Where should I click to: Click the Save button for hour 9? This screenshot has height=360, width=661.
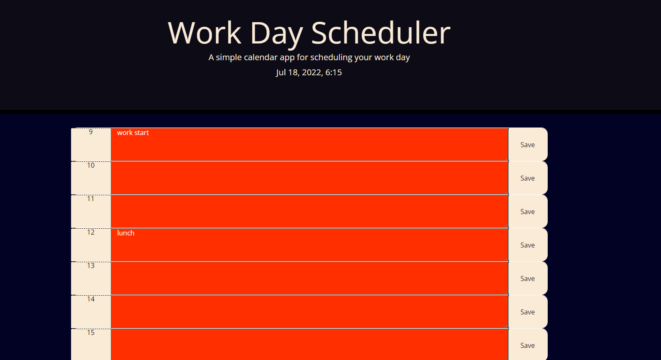pos(528,145)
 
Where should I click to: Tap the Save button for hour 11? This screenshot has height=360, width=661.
pos(528,212)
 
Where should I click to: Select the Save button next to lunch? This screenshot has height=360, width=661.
pos(528,245)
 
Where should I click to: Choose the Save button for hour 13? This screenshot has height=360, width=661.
pos(528,278)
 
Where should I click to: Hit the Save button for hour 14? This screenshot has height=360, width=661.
pos(528,312)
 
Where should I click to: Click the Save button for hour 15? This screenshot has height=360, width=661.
pos(528,345)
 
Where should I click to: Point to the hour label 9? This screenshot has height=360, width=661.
pos(91,132)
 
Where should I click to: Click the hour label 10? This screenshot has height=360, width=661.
pos(91,166)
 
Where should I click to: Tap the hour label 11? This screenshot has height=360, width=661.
pos(91,199)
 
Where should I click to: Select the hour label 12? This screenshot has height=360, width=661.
pos(91,232)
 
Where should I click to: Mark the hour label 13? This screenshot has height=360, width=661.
pos(91,266)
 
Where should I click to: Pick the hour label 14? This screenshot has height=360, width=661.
pos(91,299)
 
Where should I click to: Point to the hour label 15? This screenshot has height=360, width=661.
pos(91,333)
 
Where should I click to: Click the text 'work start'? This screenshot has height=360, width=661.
pos(133,133)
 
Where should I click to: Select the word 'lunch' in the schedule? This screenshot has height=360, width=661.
pos(125,233)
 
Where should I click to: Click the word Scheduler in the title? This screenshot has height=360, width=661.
pos(380,33)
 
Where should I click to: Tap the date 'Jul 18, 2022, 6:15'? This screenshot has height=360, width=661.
pos(309,72)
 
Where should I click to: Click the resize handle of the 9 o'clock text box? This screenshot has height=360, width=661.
pos(506,158)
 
